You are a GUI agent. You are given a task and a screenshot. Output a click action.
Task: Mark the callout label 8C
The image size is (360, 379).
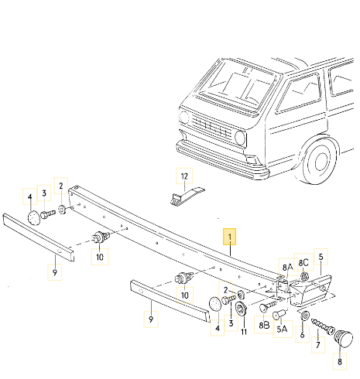pyautogui.click(x=304, y=263)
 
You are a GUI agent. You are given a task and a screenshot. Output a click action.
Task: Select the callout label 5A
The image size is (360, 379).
pyautogui.click(x=282, y=328)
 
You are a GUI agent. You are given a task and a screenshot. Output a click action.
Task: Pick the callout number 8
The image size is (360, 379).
pyautogui.click(x=338, y=360)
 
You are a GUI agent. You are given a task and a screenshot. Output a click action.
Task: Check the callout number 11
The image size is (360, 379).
pyautogui.click(x=243, y=332)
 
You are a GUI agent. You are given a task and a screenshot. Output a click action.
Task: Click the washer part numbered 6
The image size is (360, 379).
pyautogui.click(x=305, y=316)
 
